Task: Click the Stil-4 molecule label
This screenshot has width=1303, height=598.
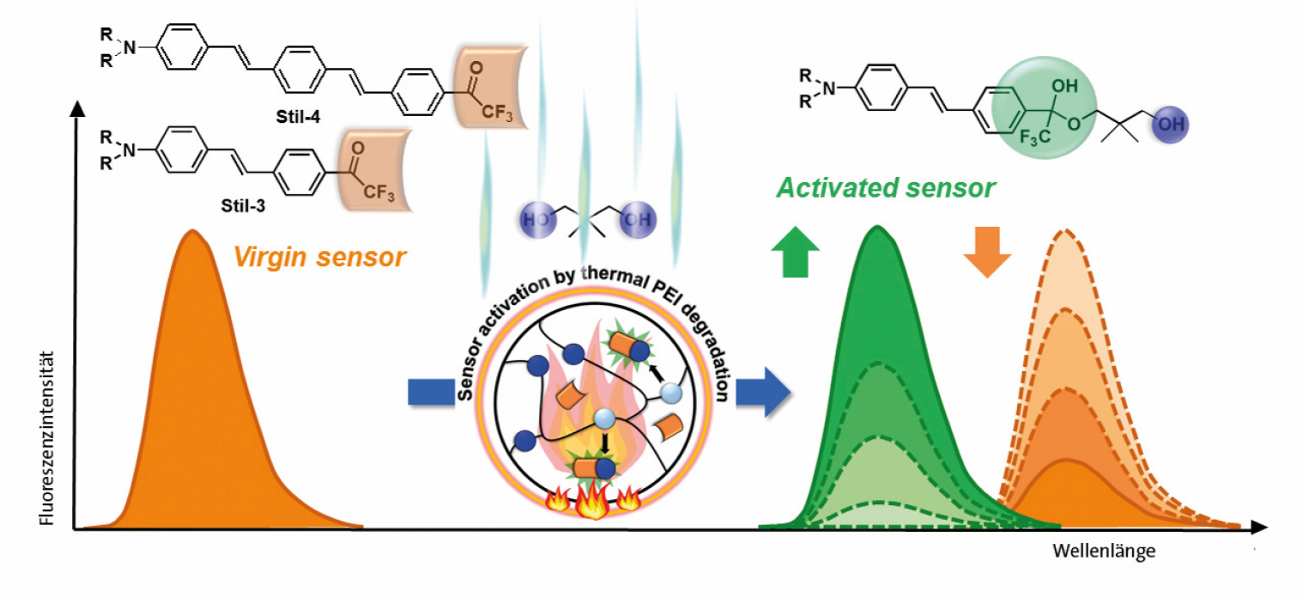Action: click(x=298, y=117)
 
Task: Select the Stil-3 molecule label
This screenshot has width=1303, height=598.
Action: click(x=243, y=205)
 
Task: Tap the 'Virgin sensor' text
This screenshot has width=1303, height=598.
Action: click(x=319, y=257)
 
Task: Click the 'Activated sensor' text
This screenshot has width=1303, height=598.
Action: click(x=886, y=188)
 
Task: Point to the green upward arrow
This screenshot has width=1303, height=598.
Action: click(x=795, y=252)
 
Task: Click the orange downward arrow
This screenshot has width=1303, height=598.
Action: click(x=987, y=252)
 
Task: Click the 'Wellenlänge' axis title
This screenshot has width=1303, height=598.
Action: click(x=1104, y=551)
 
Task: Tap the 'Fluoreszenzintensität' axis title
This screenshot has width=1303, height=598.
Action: click(x=46, y=438)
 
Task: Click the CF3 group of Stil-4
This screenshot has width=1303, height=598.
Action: click(x=497, y=112)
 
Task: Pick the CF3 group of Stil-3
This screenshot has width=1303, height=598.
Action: click(x=379, y=192)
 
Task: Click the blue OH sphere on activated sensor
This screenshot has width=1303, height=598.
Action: click(x=1170, y=124)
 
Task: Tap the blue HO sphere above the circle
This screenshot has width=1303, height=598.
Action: click(x=537, y=219)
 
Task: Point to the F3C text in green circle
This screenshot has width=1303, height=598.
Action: click(x=1035, y=138)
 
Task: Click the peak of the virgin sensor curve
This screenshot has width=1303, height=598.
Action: click(x=192, y=231)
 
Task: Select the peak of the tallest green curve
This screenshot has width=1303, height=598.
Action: click(x=876, y=227)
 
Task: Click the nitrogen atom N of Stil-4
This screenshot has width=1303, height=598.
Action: click(x=130, y=48)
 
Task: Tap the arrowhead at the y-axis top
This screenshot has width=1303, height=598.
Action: click(x=77, y=108)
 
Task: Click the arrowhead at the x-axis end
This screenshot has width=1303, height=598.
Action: click(x=1258, y=528)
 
